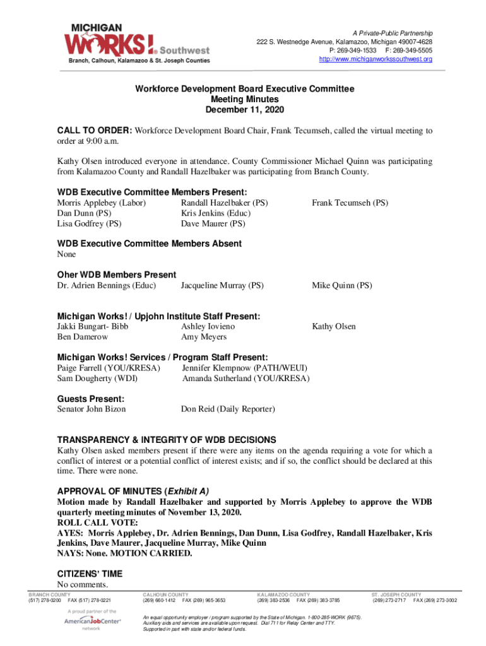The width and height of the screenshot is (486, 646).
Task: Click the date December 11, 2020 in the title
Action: pyautogui.click(x=245, y=110)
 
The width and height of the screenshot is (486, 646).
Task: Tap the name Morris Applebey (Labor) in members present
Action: pyautogui.click(x=102, y=203)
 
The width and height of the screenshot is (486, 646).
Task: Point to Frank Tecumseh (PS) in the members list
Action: pyautogui.click(x=350, y=203)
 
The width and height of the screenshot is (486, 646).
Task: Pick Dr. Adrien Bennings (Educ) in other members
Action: pyautogui.click(x=107, y=286)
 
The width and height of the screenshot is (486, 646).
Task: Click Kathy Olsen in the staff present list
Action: pyautogui.click(x=333, y=327)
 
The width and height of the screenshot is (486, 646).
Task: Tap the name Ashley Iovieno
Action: pyautogui.click(x=208, y=327)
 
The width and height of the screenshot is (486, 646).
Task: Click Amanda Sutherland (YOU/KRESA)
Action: pyautogui.click(x=246, y=379)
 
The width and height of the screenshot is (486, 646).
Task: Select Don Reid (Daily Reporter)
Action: pyautogui.click(x=228, y=409)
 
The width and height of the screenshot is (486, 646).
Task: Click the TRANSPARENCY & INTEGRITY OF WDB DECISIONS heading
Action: pyautogui.click(x=167, y=440)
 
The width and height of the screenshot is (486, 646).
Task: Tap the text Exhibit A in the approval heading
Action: pyautogui.click(x=187, y=491)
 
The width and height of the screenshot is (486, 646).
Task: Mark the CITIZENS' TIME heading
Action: pyautogui.click(x=90, y=574)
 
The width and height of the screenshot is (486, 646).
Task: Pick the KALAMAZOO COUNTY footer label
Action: pyautogui.click(x=283, y=595)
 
